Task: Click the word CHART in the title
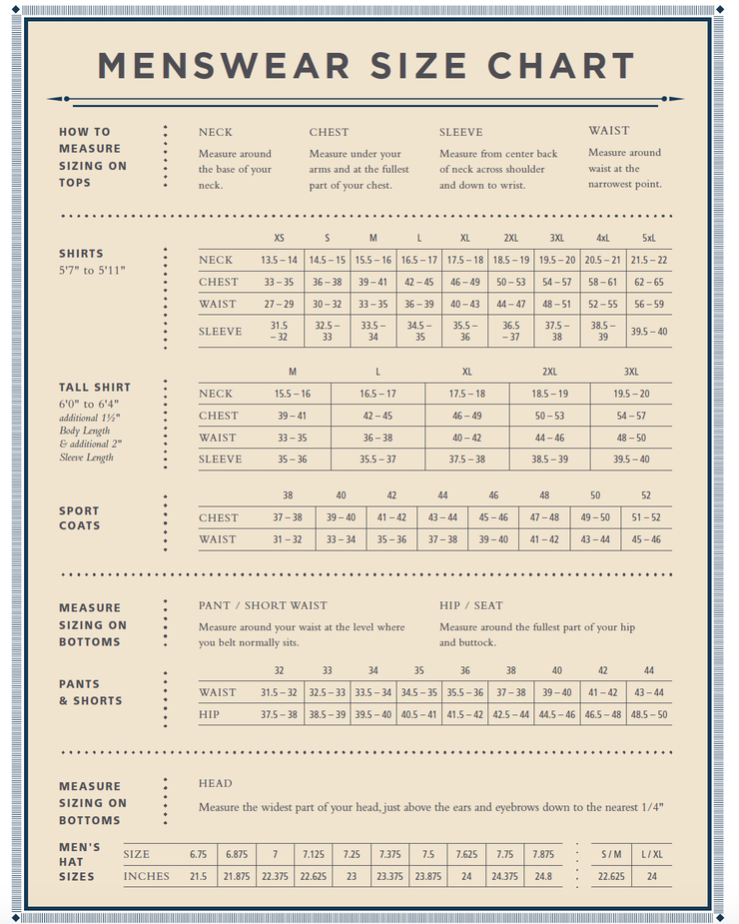coord(561,66)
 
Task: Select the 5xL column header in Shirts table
coord(648,238)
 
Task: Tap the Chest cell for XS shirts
coord(279,282)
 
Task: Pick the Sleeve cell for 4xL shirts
coord(602,332)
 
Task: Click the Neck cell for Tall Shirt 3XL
coord(630,394)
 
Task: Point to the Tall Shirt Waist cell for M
coord(292,438)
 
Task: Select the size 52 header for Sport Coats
coord(646,495)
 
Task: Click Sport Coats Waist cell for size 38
coord(288,539)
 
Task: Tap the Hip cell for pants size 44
coord(648,714)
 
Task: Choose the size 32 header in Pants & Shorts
coord(279,670)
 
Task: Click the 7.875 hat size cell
coord(542,854)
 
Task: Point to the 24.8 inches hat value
coord(542,876)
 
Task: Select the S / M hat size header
coord(611,854)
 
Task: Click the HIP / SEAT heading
coord(471,605)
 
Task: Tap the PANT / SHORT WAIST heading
coord(263,605)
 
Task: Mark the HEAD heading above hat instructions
coord(215,783)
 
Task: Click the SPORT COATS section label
coord(79,518)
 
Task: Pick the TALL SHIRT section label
coord(95,387)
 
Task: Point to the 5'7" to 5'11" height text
coord(91,271)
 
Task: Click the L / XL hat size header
coord(652,854)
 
